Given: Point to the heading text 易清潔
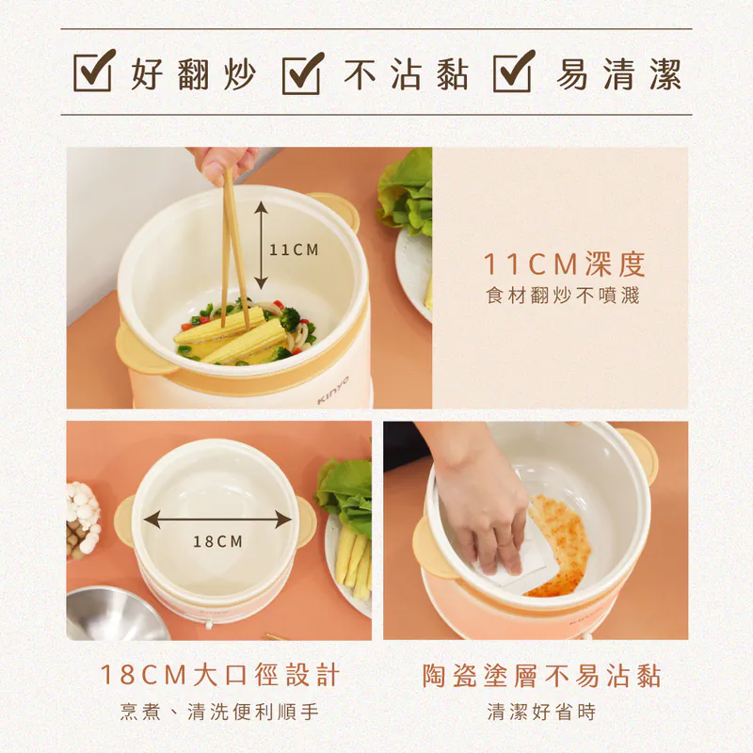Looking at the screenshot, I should [617, 73].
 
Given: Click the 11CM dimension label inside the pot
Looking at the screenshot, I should [294, 250].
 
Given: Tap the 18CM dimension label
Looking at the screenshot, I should [217, 541].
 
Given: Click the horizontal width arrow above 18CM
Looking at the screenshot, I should [217, 519].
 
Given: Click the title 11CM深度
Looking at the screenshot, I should [565, 264].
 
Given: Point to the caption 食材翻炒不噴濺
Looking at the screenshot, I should [563, 296].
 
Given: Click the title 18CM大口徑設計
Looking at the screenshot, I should [219, 675].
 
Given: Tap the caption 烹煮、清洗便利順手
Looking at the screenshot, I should [219, 712].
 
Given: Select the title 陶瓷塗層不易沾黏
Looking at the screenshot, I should [541, 675].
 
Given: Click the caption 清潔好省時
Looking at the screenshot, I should [541, 712].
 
